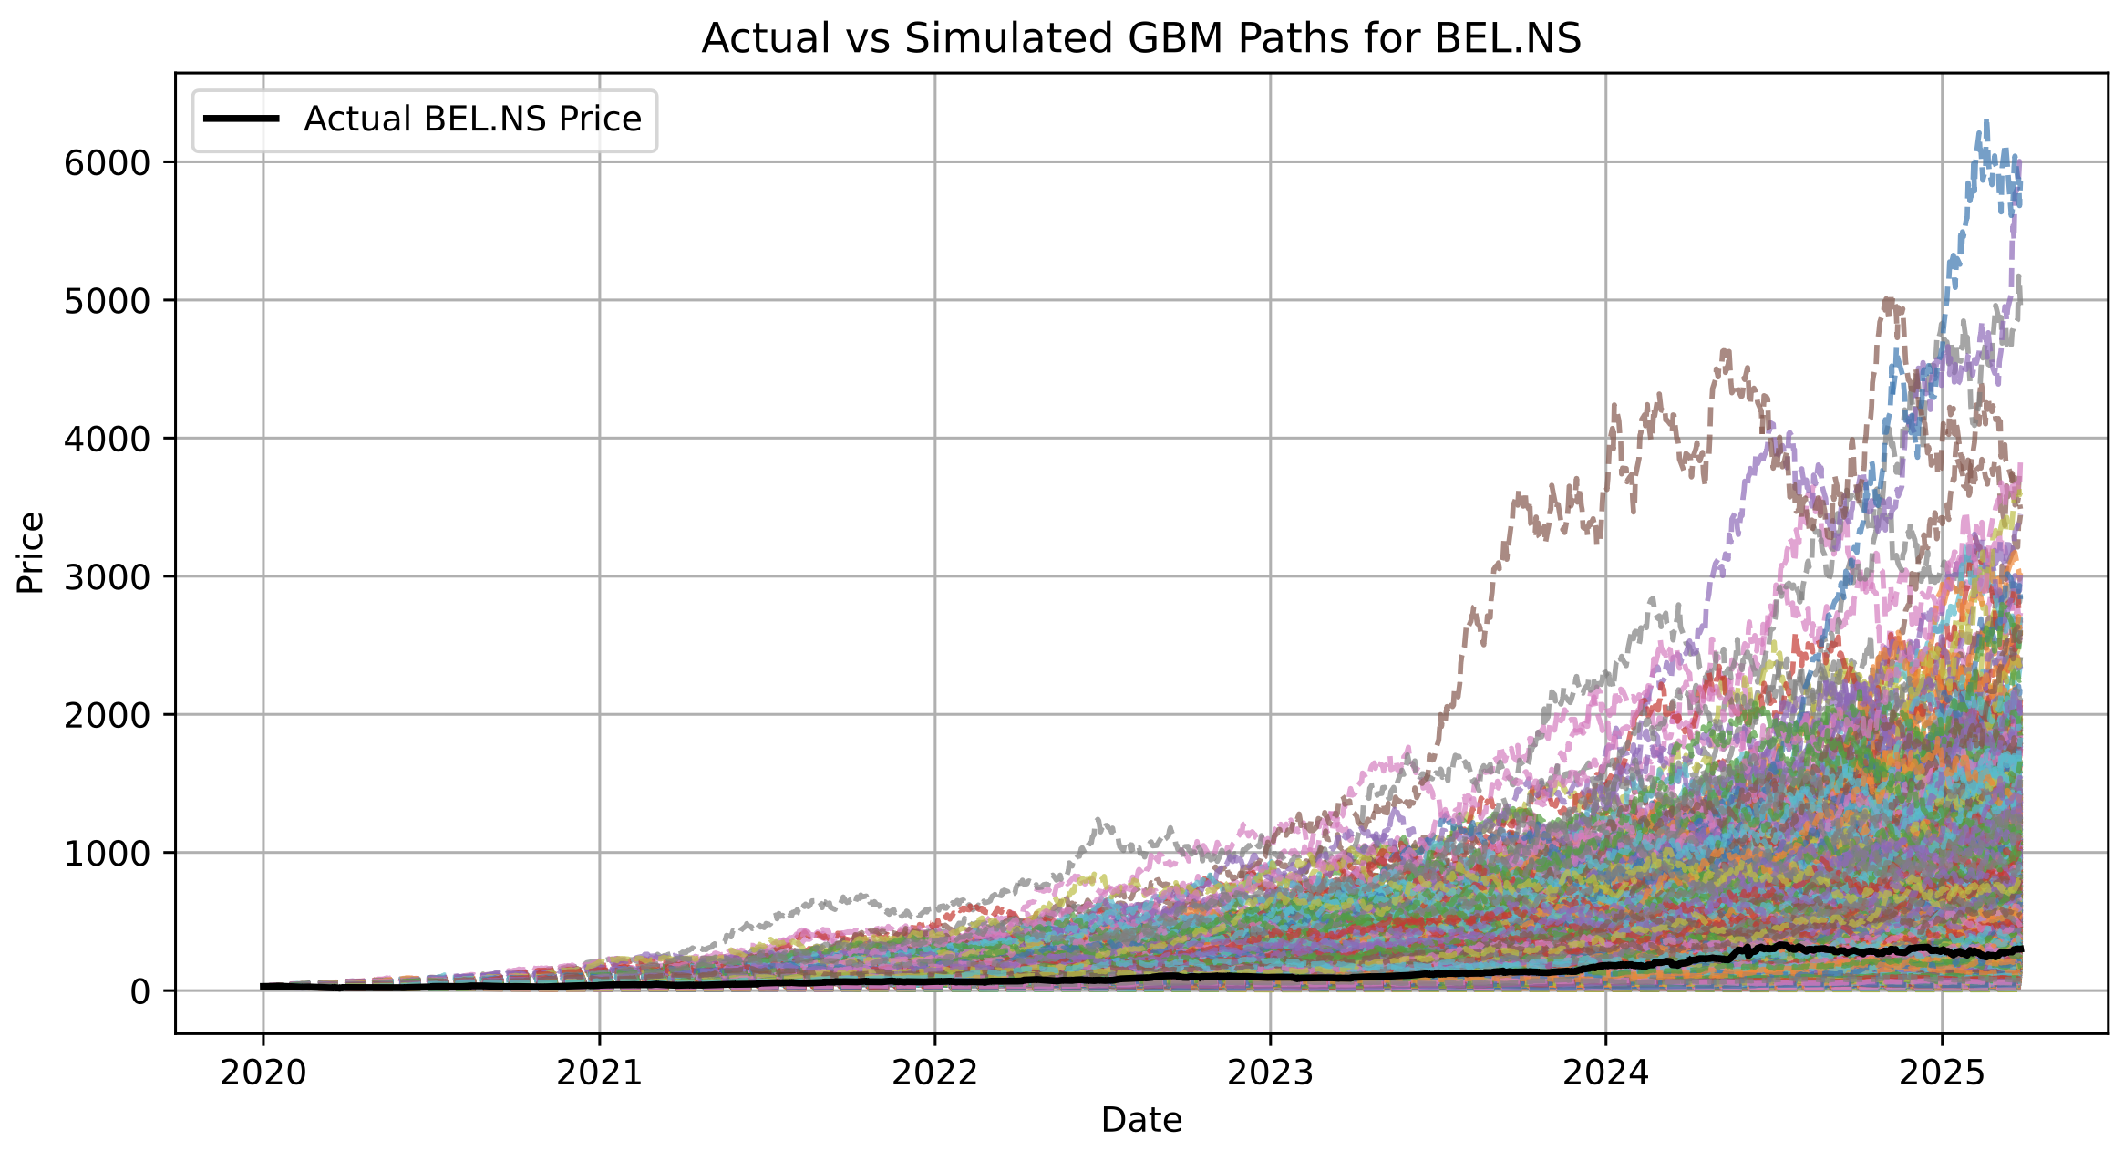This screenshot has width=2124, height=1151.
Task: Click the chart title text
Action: pos(1141,38)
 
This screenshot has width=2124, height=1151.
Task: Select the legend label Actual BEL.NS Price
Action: pos(472,119)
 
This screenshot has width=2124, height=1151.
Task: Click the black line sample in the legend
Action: pos(241,119)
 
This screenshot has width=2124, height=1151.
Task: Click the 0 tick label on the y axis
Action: pos(139,991)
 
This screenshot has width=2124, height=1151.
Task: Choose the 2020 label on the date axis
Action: pos(263,1073)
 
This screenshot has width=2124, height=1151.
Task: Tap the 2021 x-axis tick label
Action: pos(599,1073)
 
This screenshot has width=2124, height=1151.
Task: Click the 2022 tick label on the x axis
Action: pos(934,1073)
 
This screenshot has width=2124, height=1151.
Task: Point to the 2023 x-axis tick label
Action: pos(1270,1073)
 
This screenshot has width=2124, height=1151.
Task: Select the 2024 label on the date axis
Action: pos(1605,1073)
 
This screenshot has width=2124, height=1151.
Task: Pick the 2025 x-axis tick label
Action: pos(1942,1073)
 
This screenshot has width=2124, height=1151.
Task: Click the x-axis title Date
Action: pos(1141,1120)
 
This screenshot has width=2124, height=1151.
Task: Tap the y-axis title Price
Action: pos(31,553)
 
